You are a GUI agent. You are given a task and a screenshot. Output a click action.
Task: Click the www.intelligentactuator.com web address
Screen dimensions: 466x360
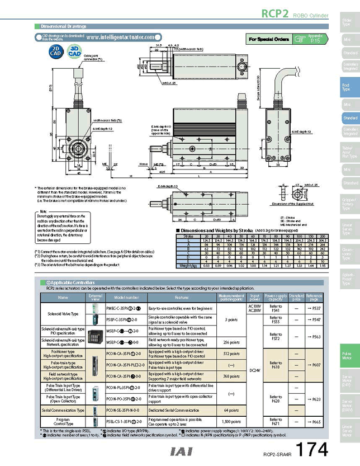point(120,37)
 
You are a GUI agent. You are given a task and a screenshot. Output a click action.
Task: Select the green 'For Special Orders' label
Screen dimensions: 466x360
point(269,39)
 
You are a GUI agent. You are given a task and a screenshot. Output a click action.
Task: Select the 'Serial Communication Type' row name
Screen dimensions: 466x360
point(63,410)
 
